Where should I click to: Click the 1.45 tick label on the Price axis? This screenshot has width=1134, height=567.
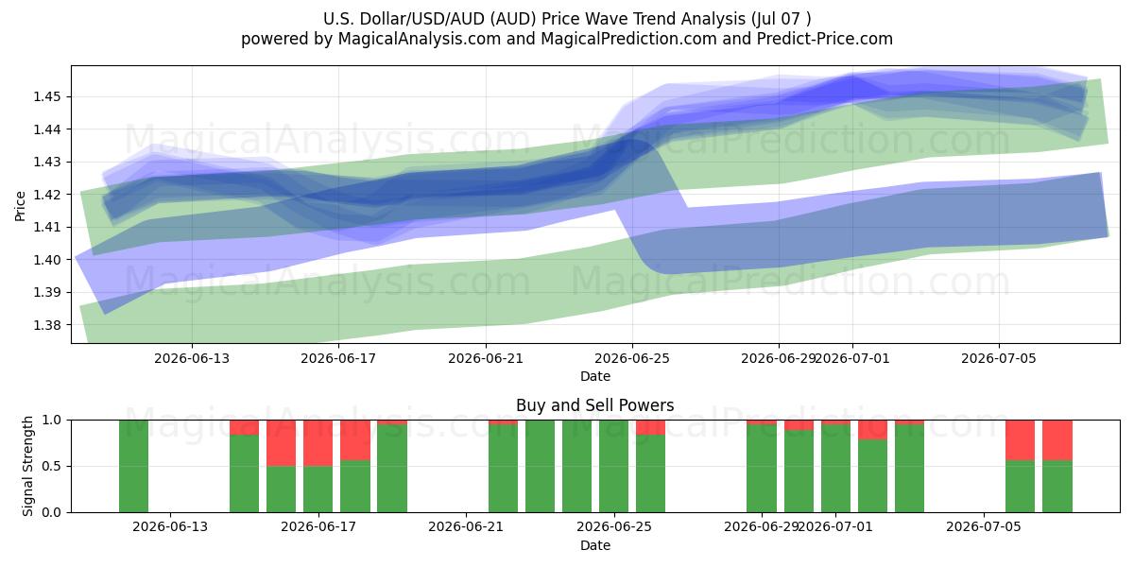click(46, 96)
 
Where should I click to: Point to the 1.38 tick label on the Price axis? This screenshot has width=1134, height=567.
click(46, 325)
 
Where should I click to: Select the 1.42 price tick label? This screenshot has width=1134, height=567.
click(46, 195)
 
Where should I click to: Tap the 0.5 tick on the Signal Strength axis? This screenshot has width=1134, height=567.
click(51, 466)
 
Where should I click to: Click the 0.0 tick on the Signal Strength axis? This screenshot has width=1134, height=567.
click(51, 512)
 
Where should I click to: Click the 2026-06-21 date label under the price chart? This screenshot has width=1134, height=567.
click(486, 359)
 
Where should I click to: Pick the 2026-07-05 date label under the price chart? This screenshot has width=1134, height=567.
click(999, 359)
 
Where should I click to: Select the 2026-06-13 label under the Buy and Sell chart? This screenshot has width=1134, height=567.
click(170, 527)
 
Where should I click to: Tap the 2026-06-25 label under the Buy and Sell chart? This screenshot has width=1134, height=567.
click(614, 527)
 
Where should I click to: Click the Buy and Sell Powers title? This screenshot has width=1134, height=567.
click(594, 405)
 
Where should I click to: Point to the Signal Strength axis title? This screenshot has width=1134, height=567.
click(27, 466)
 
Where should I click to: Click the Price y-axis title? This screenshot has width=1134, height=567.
click(20, 206)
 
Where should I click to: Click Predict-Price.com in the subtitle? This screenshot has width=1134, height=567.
click(825, 39)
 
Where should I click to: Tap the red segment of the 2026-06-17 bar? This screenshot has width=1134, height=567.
click(318, 443)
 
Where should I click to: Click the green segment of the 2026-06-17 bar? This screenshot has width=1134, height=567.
click(318, 490)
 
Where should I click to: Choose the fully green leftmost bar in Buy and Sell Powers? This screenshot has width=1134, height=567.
click(133, 466)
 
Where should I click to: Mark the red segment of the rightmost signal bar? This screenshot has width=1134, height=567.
click(1057, 440)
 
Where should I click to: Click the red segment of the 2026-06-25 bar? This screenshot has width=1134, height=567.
click(650, 427)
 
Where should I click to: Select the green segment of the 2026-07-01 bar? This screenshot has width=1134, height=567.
click(835, 469)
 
